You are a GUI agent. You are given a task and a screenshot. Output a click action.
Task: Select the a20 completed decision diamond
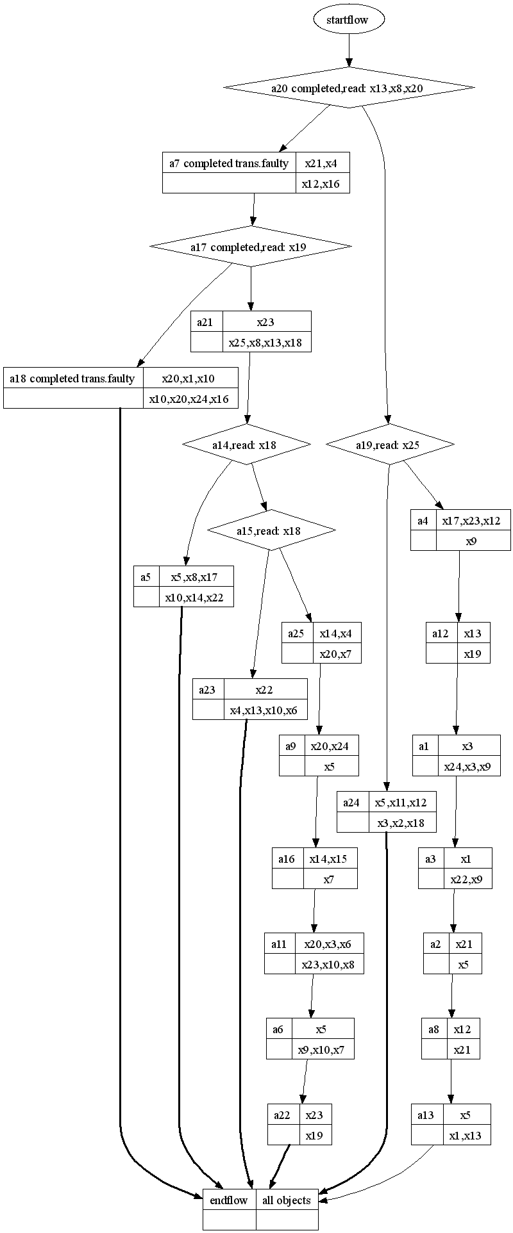349,88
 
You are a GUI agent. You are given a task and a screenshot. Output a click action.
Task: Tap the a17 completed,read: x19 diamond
251,247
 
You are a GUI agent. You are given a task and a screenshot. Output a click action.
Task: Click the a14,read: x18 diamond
246,444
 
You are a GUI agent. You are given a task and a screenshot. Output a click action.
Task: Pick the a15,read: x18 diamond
271,530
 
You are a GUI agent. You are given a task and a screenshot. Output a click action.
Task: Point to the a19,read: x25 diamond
390,444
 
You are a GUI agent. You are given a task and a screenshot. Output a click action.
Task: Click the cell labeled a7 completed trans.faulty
229,163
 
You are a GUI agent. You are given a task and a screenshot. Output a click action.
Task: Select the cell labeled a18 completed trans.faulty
72,379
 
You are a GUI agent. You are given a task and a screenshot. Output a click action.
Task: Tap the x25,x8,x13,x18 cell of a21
266,342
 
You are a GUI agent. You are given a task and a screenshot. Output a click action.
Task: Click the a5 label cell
146,577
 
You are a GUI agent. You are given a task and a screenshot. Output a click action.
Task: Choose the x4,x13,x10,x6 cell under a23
264,710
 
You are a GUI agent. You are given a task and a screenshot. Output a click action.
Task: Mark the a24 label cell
352,802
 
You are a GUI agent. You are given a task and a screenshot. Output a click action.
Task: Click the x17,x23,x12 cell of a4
473,521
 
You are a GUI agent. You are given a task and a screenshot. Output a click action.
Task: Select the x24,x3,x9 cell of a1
468,766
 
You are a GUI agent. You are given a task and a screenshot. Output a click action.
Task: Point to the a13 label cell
426,1115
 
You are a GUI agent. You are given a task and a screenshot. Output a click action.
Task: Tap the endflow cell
229,1200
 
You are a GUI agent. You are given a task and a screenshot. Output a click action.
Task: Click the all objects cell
287,1200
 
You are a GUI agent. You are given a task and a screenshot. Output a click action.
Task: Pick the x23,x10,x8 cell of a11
330,964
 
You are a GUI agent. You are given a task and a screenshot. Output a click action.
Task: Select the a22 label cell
283,1115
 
